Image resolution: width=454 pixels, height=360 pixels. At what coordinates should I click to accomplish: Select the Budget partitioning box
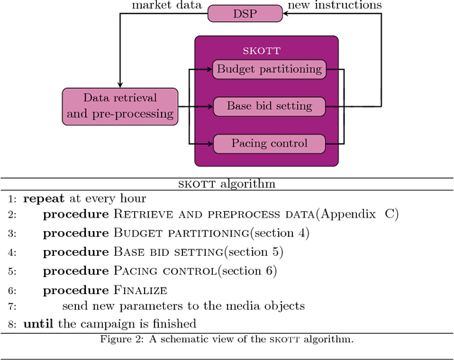(269, 69)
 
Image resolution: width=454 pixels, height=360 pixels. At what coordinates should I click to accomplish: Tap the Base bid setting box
(269, 106)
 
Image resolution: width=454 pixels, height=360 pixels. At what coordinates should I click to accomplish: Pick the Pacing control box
(269, 143)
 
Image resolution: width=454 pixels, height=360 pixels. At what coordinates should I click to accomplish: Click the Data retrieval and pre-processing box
(120, 106)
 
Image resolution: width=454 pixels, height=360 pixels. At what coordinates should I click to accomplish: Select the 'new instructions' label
(334, 5)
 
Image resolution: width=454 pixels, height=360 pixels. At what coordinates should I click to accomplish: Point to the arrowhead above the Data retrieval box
(120, 84)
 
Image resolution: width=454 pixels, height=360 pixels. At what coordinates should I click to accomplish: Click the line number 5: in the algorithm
(12, 271)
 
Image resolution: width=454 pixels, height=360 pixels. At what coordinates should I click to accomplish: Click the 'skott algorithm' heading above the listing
(226, 184)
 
